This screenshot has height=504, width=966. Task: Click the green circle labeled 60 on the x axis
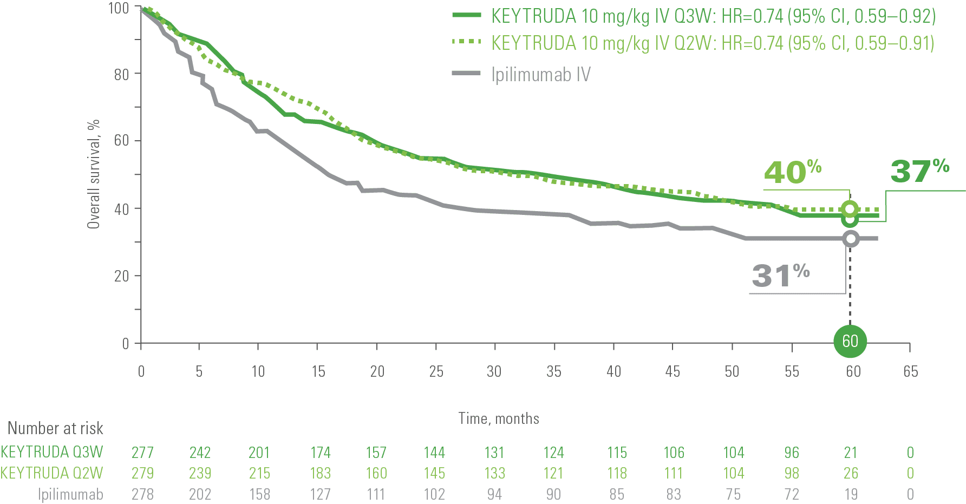(850, 341)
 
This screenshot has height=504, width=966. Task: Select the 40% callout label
(792, 172)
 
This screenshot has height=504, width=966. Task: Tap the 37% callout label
(919, 171)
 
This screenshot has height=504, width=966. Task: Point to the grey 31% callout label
(780, 275)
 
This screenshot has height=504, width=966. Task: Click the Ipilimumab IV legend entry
(540, 74)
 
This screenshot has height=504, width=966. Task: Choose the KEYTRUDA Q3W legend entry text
(713, 16)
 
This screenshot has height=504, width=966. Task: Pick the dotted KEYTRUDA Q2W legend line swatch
(467, 42)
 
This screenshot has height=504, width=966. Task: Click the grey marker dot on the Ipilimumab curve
(851, 239)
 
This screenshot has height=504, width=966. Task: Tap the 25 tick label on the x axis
(436, 371)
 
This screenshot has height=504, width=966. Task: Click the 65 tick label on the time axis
(910, 371)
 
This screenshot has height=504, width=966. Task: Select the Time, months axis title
(499, 418)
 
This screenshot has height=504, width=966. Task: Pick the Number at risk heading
(55, 429)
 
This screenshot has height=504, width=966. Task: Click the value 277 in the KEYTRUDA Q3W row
(142, 452)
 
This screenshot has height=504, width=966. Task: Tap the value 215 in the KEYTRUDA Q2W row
(259, 473)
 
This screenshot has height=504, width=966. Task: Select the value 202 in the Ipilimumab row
(200, 494)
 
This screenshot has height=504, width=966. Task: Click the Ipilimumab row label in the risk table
(70, 494)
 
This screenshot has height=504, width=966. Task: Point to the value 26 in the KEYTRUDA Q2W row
(851, 473)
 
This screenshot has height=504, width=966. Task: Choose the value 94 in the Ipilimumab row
(494, 494)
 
